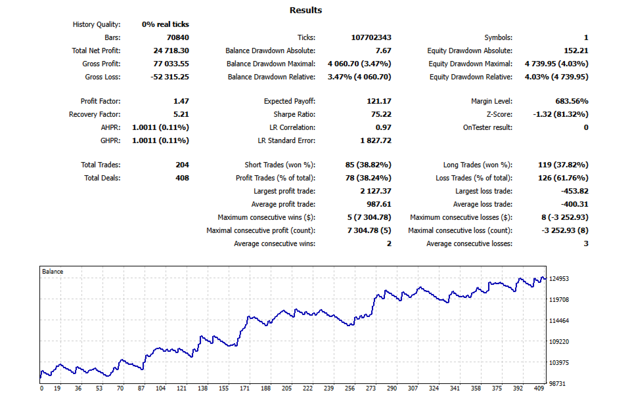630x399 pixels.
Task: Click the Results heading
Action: pyautogui.click(x=305, y=10)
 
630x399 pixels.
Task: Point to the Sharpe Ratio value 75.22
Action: pyautogui.click(x=379, y=115)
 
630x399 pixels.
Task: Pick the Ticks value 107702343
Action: pyautogui.click(x=371, y=38)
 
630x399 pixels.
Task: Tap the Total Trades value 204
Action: pyautogui.click(x=182, y=165)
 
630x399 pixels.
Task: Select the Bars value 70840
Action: pyautogui.click(x=177, y=38)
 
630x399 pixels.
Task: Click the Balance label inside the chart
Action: pyautogui.click(x=53, y=271)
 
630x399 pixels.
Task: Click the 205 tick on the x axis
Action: pyautogui.click(x=286, y=388)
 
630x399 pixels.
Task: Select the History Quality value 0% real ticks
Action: pyautogui.click(x=165, y=25)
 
